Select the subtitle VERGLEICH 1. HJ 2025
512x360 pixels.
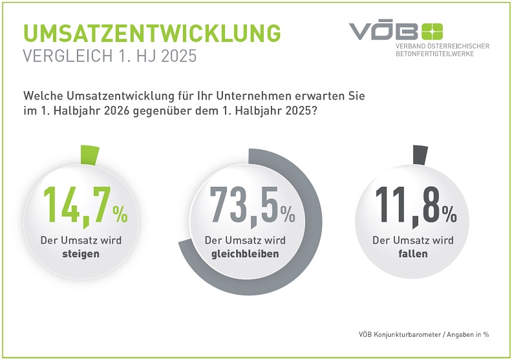pyautogui.click(x=109, y=56)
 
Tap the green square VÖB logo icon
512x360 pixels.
pyautogui.click(x=432, y=30)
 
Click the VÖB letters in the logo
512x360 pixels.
pyautogui.click(x=384, y=31)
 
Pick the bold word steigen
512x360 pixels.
pyautogui.click(x=81, y=254)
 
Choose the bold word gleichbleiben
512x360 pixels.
pyautogui.click(x=245, y=254)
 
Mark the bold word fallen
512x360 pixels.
pyautogui.click(x=413, y=254)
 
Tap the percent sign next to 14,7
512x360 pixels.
pyautogui.click(x=120, y=212)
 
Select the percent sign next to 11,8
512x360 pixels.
pyautogui.click(x=449, y=212)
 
